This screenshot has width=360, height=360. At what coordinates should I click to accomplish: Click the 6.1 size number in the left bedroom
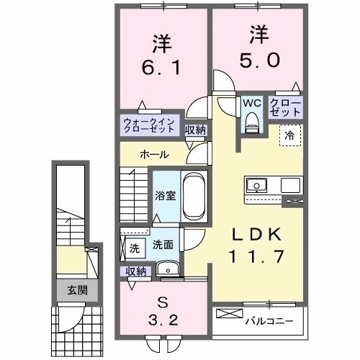(x=160, y=70)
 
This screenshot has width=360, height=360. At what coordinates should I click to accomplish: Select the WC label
(x=251, y=104)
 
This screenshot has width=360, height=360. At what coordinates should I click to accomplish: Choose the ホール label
(x=154, y=155)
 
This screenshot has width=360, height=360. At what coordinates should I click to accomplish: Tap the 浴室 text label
(x=166, y=196)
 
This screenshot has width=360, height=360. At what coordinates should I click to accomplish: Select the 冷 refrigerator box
(x=289, y=134)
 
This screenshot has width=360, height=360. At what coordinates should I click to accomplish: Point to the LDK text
(x=251, y=234)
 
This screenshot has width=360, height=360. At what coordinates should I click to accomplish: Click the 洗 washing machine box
(x=133, y=249)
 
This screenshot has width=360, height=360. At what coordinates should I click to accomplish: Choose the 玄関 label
(x=77, y=291)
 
